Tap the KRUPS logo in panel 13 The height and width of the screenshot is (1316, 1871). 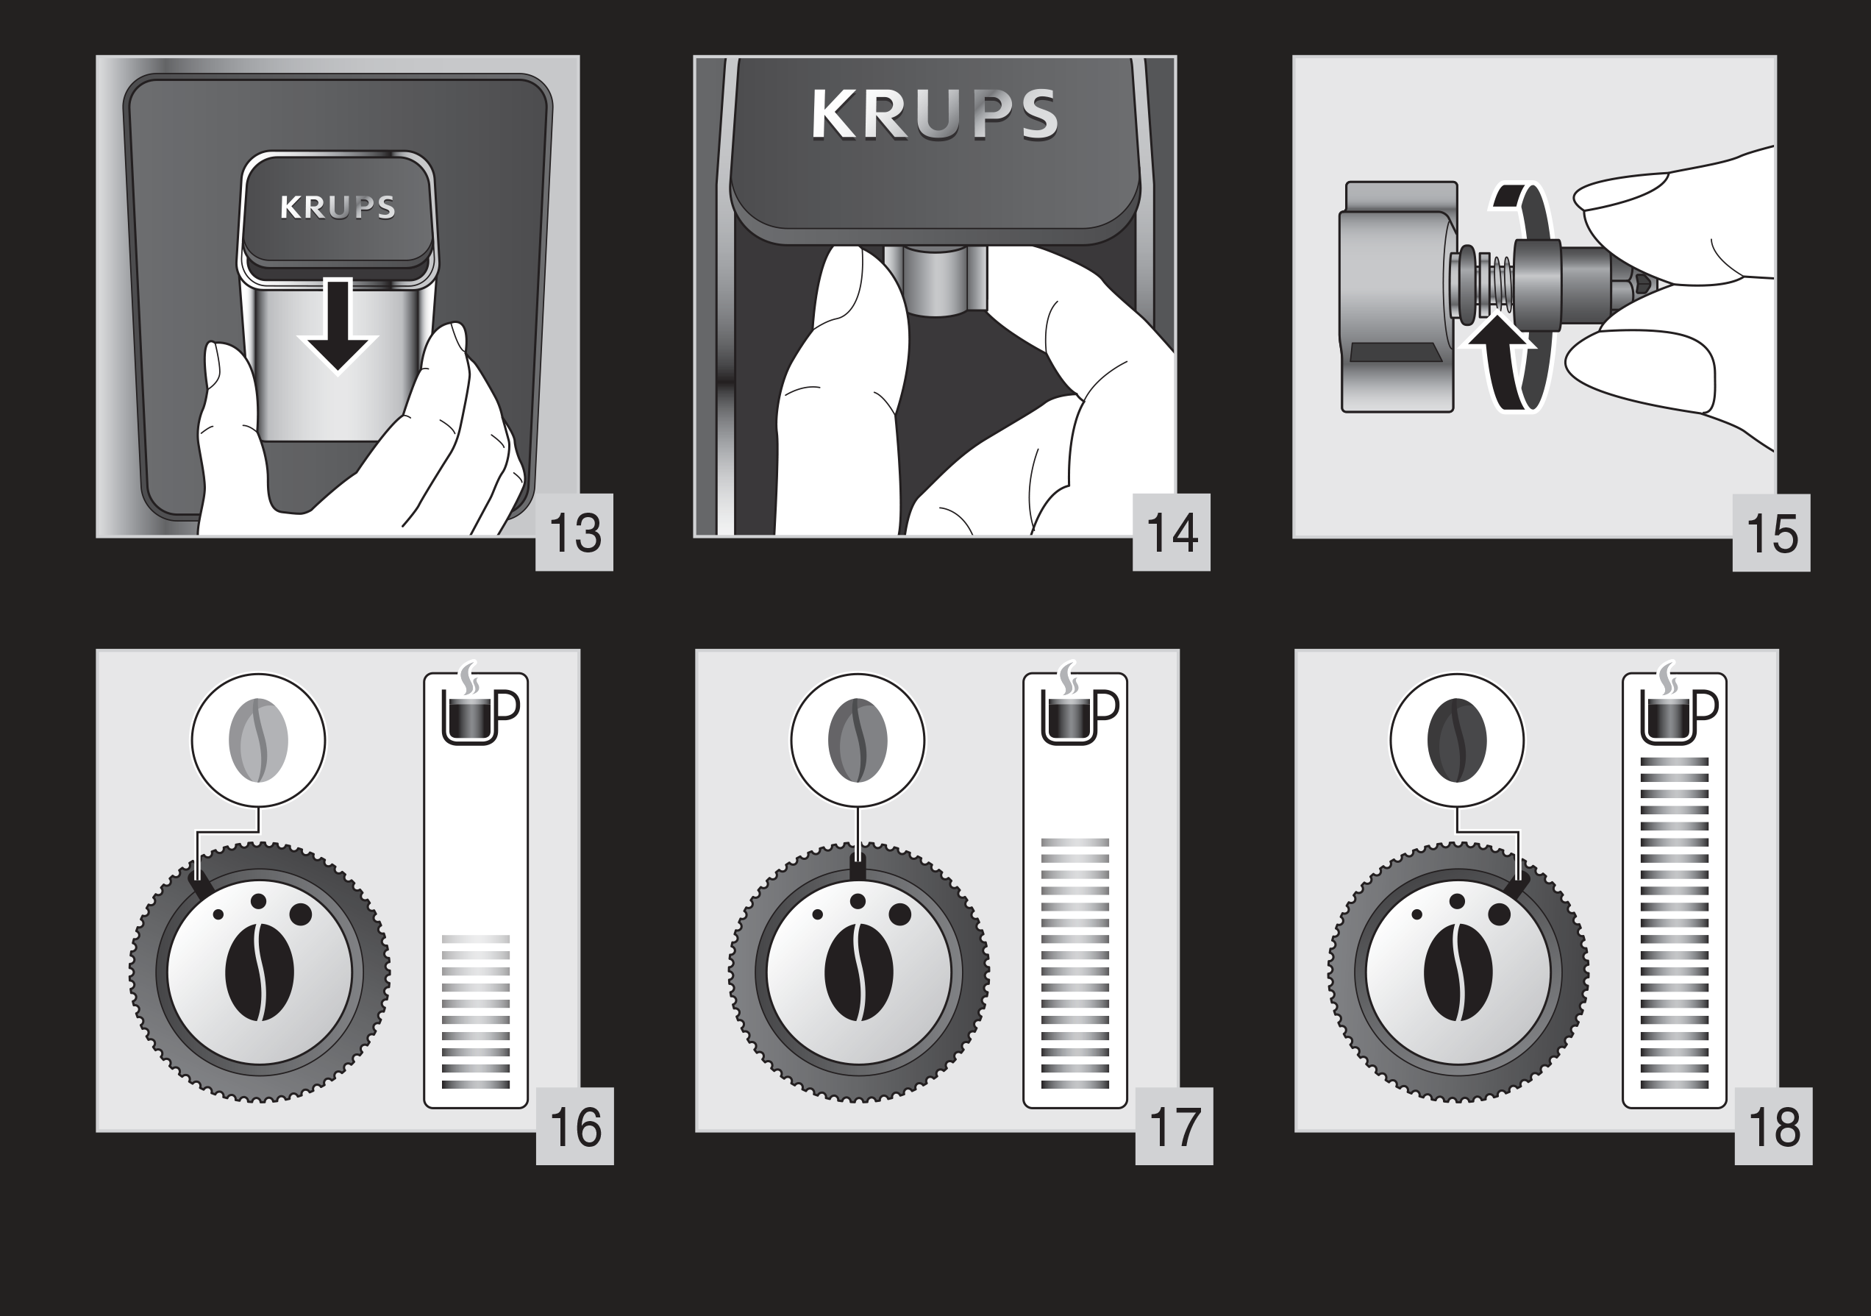(x=338, y=207)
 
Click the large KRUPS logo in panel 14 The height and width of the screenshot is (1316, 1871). (x=935, y=115)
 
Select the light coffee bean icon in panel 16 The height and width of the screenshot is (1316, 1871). (x=258, y=740)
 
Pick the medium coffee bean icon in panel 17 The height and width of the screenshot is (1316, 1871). (x=858, y=740)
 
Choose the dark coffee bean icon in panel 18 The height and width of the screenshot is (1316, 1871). (x=1457, y=740)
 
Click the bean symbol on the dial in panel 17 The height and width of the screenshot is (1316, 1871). (x=859, y=972)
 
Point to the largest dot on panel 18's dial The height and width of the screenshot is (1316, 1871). (x=1499, y=914)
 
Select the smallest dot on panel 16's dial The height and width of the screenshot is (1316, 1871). (x=218, y=914)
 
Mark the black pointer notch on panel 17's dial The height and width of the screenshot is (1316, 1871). (x=857, y=868)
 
